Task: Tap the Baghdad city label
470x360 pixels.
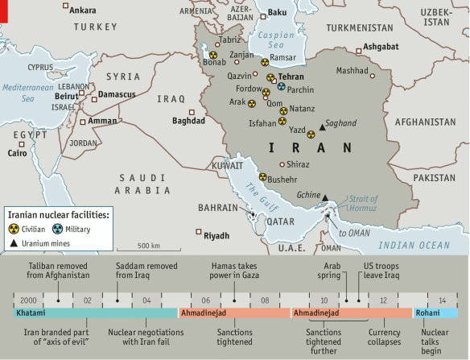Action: coord(188,121)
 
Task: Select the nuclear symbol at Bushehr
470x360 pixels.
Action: coord(262,177)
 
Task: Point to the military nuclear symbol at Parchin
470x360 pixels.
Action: coord(281,85)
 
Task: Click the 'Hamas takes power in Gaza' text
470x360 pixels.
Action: coord(234,269)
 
